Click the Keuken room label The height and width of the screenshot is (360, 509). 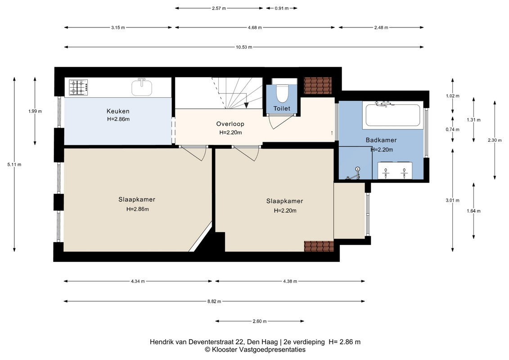pos(118,111)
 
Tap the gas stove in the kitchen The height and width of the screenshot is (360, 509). pos(79,87)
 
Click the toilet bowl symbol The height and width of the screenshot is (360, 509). pos(282,94)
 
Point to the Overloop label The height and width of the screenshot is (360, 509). pos(230,124)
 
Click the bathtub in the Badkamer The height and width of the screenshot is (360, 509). pos(393,115)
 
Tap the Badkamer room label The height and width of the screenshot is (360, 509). pos(381,140)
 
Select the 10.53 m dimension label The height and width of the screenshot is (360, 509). pos(244,47)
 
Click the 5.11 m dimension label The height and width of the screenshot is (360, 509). pos(14,165)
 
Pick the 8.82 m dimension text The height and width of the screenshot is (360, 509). pos(214,301)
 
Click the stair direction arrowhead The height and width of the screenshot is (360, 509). pos(246,105)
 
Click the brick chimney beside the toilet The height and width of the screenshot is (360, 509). pos(318,85)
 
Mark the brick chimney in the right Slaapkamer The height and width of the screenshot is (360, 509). pos(319,246)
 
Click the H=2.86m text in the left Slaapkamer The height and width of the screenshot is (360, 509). pos(138,209)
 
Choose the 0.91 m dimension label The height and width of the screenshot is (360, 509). pos(282,8)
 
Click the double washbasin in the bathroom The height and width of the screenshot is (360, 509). pos(395,171)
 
